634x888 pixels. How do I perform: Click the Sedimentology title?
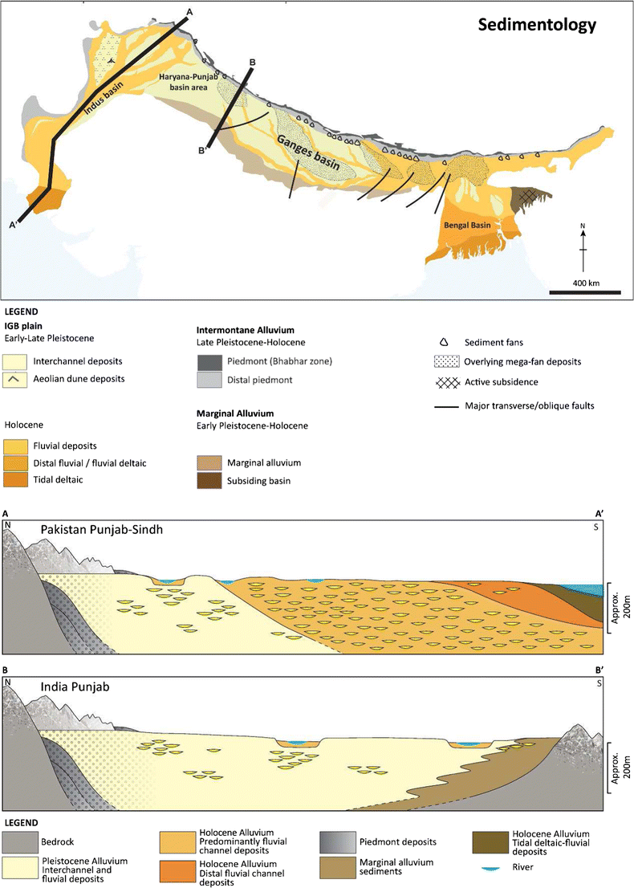coord(537,25)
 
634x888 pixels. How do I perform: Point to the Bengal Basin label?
coord(466,226)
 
